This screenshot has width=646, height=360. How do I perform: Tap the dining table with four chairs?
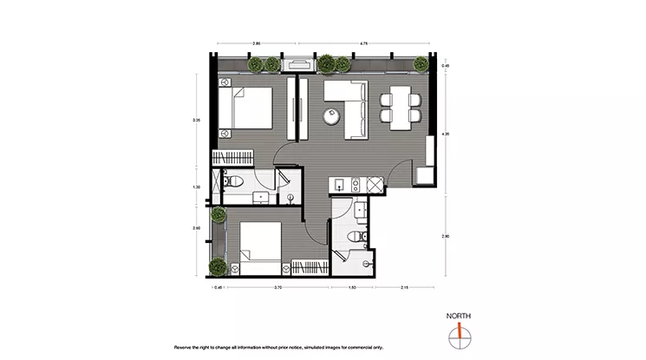[x=401, y=106]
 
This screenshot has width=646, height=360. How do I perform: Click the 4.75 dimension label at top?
[x=364, y=42]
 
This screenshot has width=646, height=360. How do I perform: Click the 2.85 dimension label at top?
[x=257, y=42]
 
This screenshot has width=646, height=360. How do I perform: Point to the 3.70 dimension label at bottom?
[x=277, y=286]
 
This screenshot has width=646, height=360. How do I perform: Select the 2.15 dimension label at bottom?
[x=404, y=286]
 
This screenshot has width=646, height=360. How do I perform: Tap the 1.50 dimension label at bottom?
[x=353, y=286]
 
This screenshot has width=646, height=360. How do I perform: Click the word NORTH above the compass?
[x=457, y=316]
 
